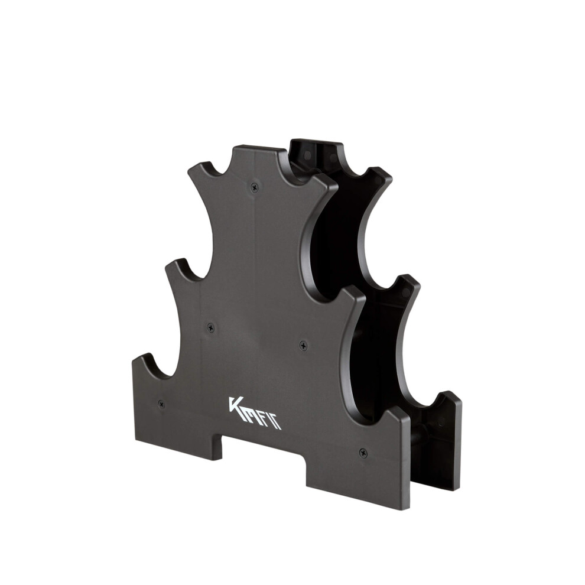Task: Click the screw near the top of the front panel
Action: [x=255, y=187]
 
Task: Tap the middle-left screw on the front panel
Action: [x=211, y=328]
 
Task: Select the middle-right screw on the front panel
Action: [x=304, y=346]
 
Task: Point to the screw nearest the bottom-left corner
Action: [x=161, y=404]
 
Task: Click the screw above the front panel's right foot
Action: [x=363, y=453]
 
